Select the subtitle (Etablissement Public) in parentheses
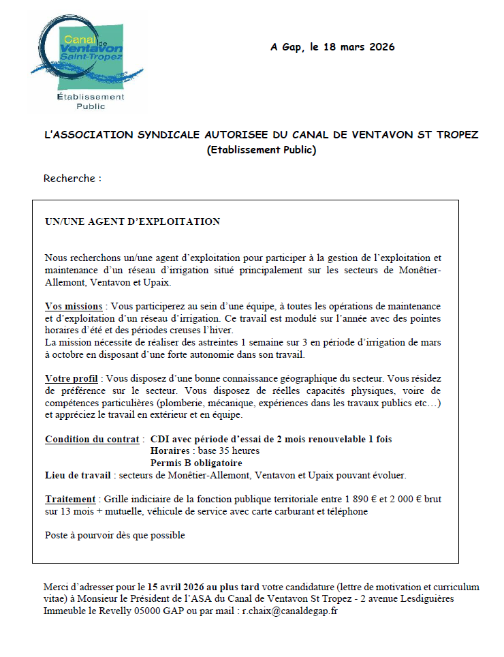(x=262, y=150)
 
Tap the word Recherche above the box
(x=69, y=179)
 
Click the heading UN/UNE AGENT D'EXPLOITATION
(x=132, y=221)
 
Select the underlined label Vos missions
(x=74, y=307)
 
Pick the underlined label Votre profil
(x=72, y=378)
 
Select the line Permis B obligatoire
(x=195, y=463)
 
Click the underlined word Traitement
(x=72, y=500)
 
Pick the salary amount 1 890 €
(x=360, y=500)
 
